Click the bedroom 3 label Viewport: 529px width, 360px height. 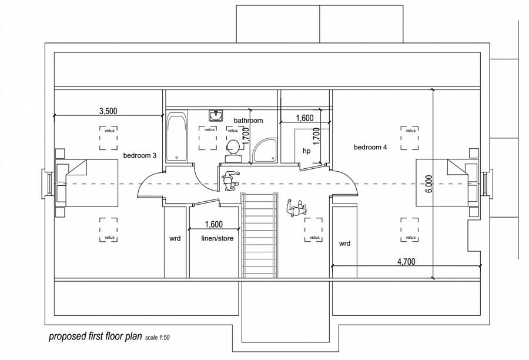tap(140, 156)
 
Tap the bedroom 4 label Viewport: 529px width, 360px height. tap(370, 147)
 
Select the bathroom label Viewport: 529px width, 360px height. tap(248, 121)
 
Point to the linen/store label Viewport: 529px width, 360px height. tap(217, 238)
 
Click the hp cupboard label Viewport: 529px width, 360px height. tap(306, 151)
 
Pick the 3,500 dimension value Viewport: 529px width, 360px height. tap(108, 111)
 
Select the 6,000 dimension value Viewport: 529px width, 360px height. tap(428, 184)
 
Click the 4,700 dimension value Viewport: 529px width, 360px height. tap(406, 262)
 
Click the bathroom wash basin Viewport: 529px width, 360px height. tap(215, 115)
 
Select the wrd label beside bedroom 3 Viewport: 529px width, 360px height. tap(175, 239)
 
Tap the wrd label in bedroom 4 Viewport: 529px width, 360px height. tap(344, 244)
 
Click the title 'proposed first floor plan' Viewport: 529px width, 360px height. tap(95, 336)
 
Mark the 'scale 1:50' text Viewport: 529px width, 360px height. tap(157, 338)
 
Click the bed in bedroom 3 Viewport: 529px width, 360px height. tap(86, 183)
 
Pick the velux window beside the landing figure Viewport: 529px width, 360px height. tap(314, 230)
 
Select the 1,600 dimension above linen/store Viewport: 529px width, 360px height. tap(214, 225)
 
